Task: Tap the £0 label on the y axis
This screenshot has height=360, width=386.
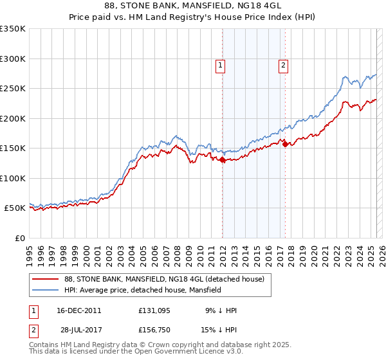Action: click(19, 238)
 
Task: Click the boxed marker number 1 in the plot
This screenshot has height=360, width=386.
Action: click(221, 64)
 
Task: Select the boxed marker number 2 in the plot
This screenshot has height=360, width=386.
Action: click(283, 64)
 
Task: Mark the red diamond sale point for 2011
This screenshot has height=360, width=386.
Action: click(222, 160)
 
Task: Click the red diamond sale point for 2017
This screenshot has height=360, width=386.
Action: click(285, 145)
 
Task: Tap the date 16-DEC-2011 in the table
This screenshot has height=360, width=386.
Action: click(78, 310)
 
